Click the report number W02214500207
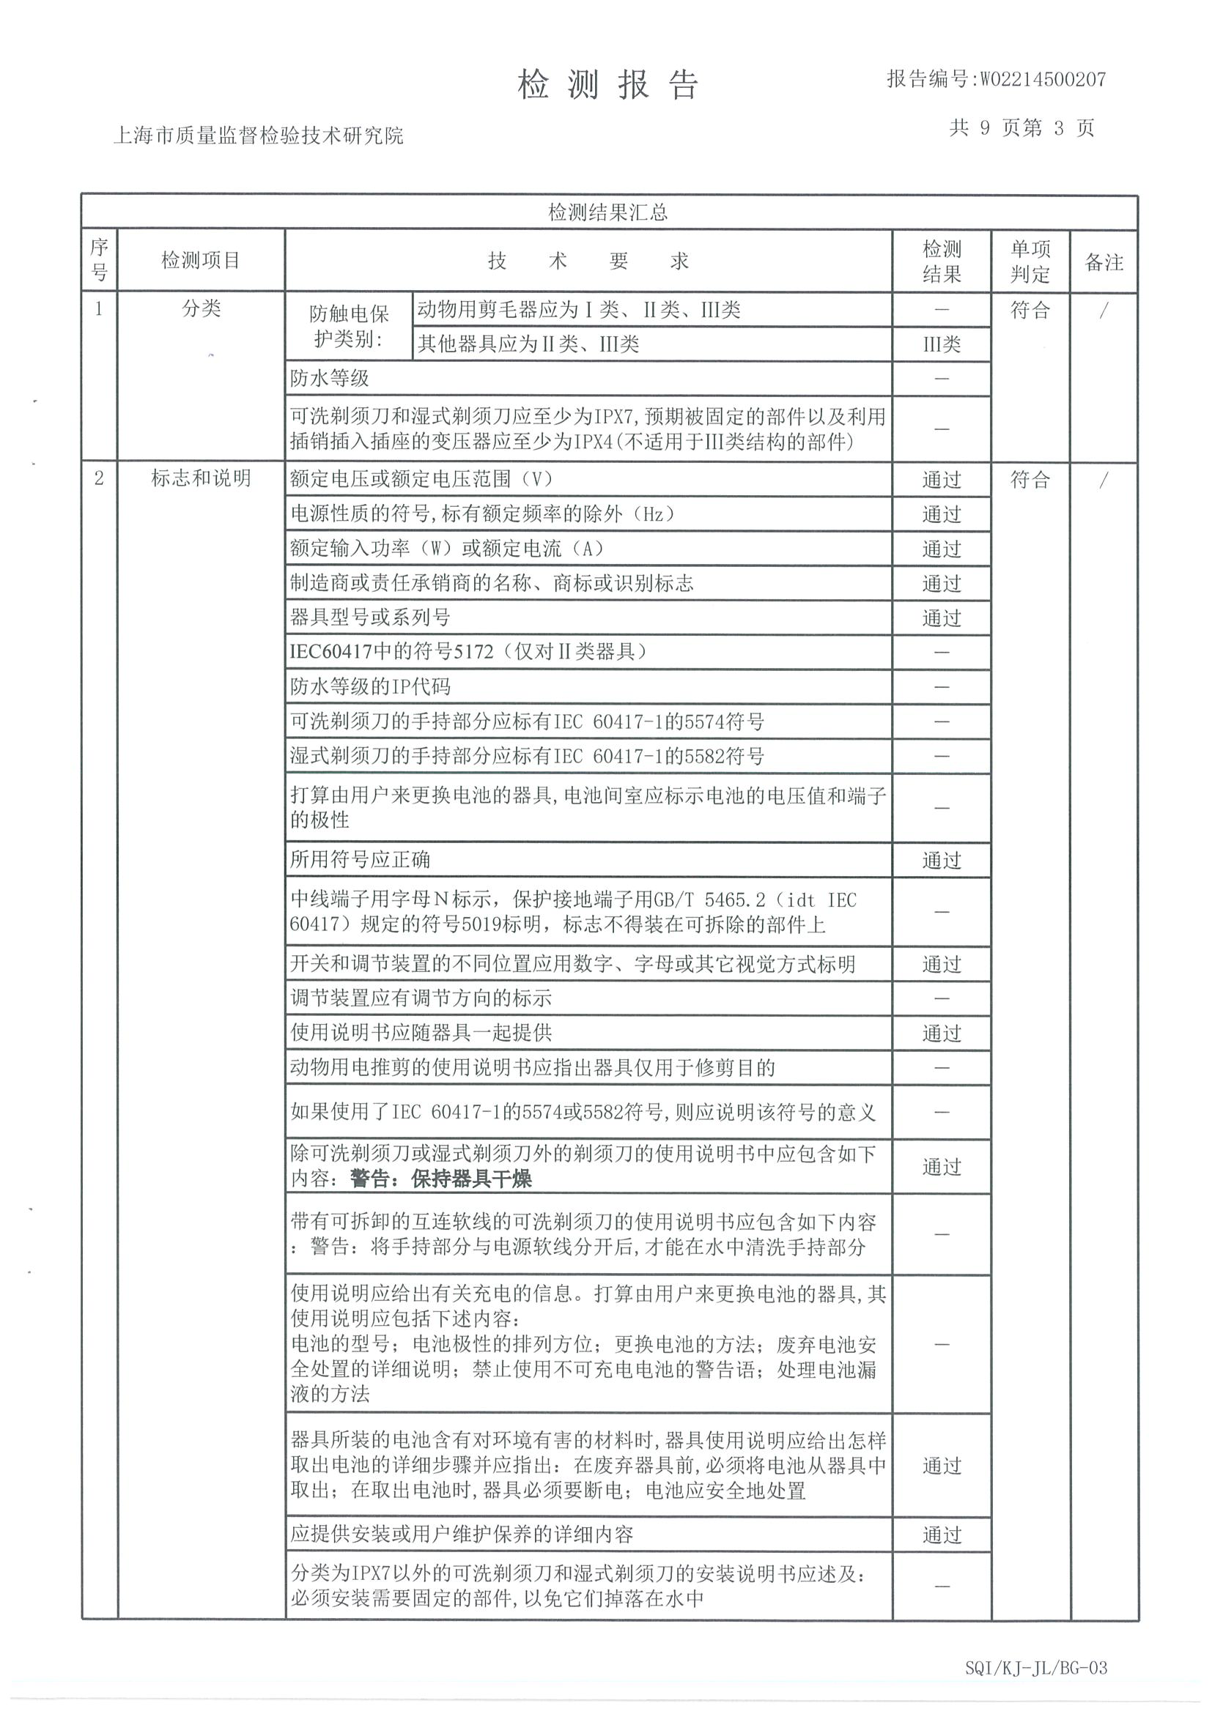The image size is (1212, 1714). [x=1042, y=79]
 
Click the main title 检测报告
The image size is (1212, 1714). [x=607, y=84]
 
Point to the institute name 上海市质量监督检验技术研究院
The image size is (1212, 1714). [x=258, y=135]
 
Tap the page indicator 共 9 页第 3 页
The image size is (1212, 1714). [x=1021, y=128]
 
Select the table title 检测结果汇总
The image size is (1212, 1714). [x=607, y=212]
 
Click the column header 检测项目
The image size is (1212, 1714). [x=200, y=261]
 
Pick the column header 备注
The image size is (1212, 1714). [x=1103, y=262]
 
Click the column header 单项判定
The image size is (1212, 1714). [x=1030, y=261]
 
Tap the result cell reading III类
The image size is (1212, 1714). [x=941, y=344]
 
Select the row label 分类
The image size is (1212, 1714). [x=201, y=308]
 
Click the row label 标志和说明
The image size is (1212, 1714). [x=201, y=478]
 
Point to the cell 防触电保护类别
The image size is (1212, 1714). [x=349, y=326]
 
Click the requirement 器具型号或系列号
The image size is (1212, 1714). [x=369, y=617]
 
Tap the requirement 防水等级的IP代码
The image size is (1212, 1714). [x=369, y=686]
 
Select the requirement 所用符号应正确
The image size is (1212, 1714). [x=360, y=859]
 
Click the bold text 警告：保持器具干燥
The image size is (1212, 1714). [x=440, y=1179]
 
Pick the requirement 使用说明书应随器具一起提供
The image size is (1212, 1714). [x=421, y=1033]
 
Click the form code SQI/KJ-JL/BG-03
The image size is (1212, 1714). [x=1035, y=1668]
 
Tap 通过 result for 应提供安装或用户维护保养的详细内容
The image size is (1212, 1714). [x=941, y=1535]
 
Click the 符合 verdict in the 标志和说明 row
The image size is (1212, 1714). [x=1030, y=479]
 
